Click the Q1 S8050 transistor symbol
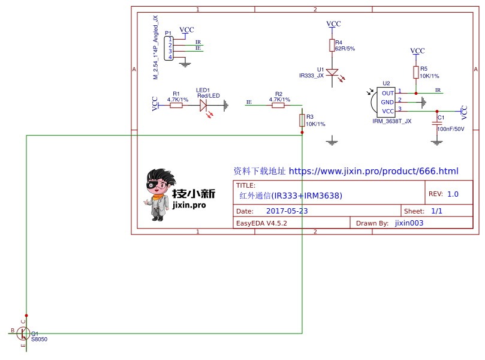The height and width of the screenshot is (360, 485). point(23,333)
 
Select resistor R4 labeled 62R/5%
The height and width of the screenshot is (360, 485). point(332,46)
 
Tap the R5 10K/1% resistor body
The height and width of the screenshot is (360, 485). point(416,73)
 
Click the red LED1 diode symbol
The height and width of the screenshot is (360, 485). point(204,105)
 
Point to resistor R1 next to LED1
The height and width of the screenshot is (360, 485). point(176,105)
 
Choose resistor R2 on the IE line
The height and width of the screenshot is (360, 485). point(278,105)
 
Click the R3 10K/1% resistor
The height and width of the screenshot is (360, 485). point(302,121)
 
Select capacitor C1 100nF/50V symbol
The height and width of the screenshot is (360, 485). point(436,122)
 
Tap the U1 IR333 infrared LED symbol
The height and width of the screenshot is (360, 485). point(332,73)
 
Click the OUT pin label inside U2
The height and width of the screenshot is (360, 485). point(387,93)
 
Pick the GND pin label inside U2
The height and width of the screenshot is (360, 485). point(387,102)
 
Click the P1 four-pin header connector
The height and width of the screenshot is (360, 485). point(170,49)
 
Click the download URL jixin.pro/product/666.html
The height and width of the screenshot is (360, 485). point(373,172)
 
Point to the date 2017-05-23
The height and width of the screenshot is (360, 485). point(287,211)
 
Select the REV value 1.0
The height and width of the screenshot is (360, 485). point(453,194)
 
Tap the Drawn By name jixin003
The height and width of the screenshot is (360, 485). point(409,223)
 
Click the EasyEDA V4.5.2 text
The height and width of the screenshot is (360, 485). point(262,223)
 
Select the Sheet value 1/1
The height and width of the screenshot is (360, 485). point(436,211)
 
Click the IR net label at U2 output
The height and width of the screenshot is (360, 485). point(438,90)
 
